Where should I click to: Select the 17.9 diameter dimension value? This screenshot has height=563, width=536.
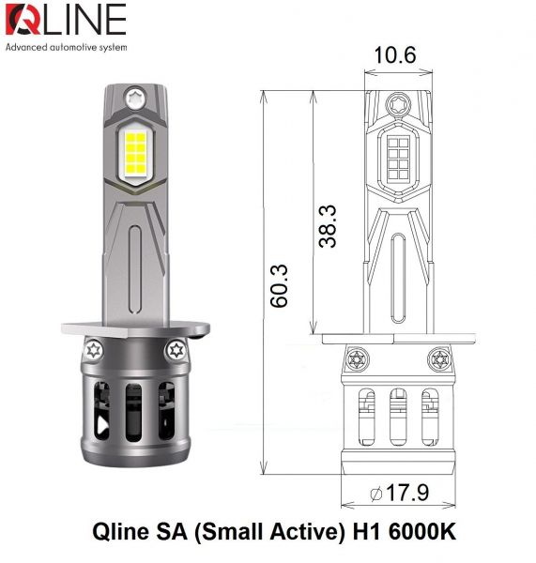(410, 493)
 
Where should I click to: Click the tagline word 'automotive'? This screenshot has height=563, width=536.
(78, 46)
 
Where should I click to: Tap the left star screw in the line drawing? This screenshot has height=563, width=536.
(356, 358)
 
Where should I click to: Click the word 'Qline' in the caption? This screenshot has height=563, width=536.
(120, 532)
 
